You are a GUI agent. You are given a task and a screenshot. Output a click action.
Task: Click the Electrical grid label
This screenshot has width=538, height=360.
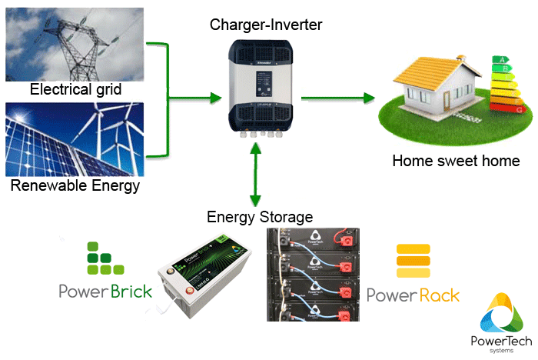click(x=76, y=90)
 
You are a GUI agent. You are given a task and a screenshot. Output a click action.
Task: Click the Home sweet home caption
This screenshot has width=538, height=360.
click(x=456, y=161)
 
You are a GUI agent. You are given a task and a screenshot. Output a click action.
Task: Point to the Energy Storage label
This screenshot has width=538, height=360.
click(x=260, y=217)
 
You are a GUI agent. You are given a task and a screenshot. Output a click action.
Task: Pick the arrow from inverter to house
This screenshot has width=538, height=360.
click(x=338, y=98)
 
